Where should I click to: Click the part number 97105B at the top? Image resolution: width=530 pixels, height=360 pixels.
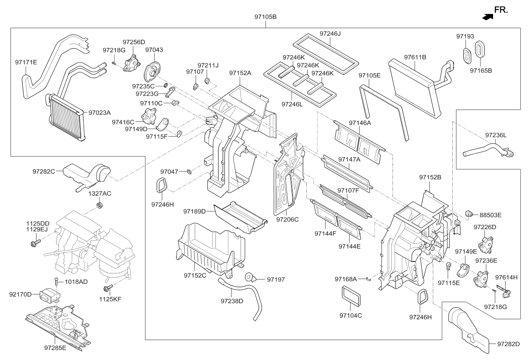tap(265, 17)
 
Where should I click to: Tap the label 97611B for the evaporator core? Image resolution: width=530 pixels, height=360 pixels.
tap(415, 57)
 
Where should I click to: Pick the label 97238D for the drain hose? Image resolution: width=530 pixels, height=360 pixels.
tap(232, 301)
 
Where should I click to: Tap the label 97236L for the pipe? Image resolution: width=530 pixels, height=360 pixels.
tap(496, 135)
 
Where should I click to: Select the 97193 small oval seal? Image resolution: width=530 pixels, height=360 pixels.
tap(466, 55)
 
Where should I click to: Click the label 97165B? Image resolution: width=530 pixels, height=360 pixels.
tap(481, 70)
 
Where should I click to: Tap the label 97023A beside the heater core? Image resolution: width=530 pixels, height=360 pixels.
tap(99, 112)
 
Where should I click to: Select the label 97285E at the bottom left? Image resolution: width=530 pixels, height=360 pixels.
tap(55, 348)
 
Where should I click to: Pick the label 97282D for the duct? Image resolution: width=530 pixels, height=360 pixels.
tap(508, 343)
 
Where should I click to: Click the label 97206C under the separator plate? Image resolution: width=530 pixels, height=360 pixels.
tap(287, 219)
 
